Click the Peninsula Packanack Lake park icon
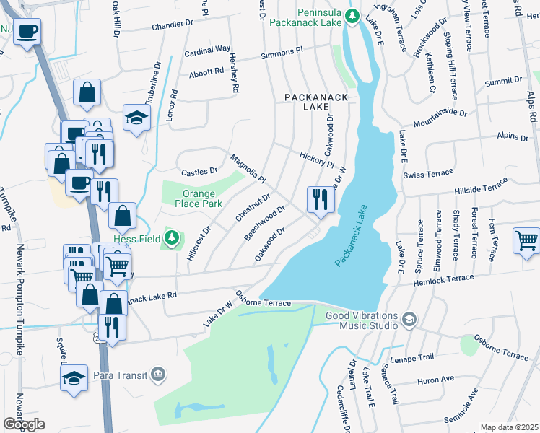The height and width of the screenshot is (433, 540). point(352,16)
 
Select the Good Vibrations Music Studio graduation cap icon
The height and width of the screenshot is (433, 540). point(409,318)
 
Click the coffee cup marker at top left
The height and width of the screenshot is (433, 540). point(27,32)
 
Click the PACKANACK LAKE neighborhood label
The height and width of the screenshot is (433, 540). point(316,102)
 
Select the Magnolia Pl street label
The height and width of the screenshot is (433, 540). point(248,168)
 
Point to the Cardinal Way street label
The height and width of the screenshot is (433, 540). point(207,51)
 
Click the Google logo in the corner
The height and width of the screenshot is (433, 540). point(24,424)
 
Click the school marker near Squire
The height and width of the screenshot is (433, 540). point(74,380)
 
